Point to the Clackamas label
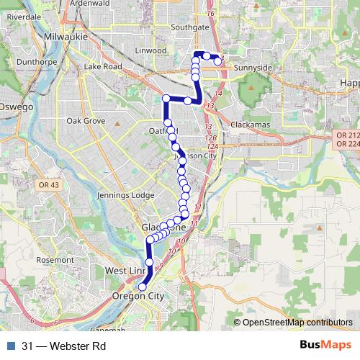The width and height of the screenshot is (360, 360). [x=250, y=125]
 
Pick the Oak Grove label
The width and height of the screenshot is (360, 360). [x=86, y=121]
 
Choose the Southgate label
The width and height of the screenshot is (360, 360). [x=190, y=27]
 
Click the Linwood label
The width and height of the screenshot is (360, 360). [x=152, y=51]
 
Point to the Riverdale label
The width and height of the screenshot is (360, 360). [x=24, y=16]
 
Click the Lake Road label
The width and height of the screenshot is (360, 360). [x=103, y=67]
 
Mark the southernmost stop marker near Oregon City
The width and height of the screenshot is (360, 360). [x=142, y=287]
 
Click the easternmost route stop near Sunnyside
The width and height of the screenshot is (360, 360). [x=218, y=62]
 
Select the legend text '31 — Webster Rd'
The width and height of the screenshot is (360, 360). [x=64, y=346]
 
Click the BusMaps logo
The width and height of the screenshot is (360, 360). [x=325, y=346]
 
